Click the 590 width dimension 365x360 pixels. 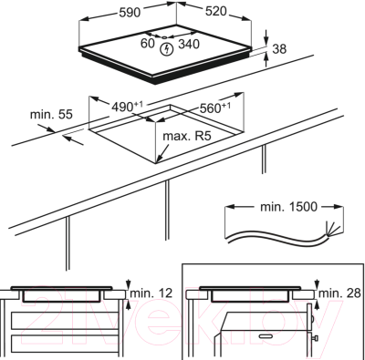click(130, 13)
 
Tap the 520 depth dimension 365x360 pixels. click(216, 11)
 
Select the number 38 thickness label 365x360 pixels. click(279, 49)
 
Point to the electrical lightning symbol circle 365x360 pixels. click(166, 49)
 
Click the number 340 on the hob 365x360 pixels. click(189, 45)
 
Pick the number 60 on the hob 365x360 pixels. click(148, 43)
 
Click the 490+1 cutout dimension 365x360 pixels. click(127, 107)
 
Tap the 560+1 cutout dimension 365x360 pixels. click(214, 108)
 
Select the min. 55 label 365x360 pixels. click(51, 115)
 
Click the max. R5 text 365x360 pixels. click(187, 136)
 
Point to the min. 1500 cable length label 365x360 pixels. click(288, 207)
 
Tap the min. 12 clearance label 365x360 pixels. click(151, 293)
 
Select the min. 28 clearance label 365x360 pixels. click(339, 293)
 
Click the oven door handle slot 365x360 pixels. click(266, 336)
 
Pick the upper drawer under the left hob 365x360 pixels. click(65, 320)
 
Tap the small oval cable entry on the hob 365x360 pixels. click(164, 37)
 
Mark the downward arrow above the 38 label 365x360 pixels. click(266, 37)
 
